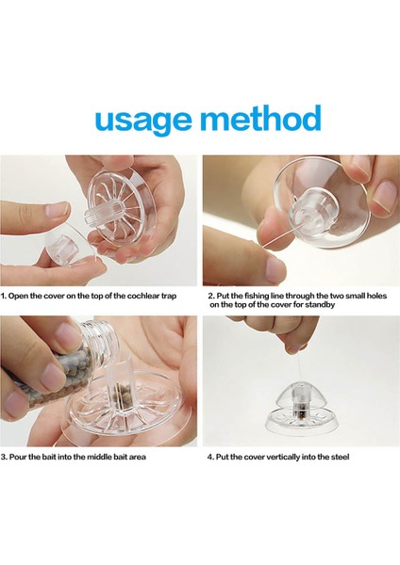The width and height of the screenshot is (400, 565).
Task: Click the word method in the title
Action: pos(260,117)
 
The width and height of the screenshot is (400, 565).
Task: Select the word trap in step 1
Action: pos(169,297)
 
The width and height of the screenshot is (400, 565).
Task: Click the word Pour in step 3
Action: pos(17,457)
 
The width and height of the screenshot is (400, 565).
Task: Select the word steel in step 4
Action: pos(342,457)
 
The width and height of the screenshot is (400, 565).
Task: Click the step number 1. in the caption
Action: pos(3,297)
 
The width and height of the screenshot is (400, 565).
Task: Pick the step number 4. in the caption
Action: pos(210,457)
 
